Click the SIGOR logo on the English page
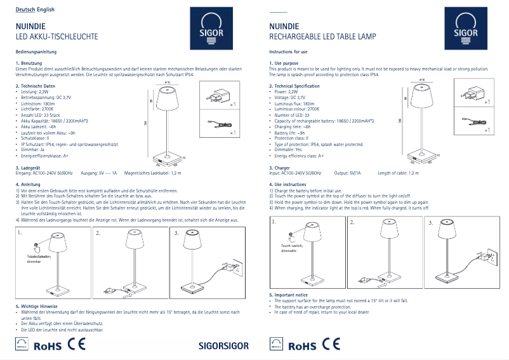[x=461, y=30]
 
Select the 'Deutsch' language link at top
[x=25, y=10]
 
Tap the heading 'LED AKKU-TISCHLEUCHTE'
[x=56, y=37]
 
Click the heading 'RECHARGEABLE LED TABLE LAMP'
[x=322, y=37]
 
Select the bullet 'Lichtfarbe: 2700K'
[x=38, y=109]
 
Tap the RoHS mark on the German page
[x=48, y=346]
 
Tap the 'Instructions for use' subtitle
[x=289, y=51]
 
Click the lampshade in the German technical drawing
[x=168, y=98]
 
